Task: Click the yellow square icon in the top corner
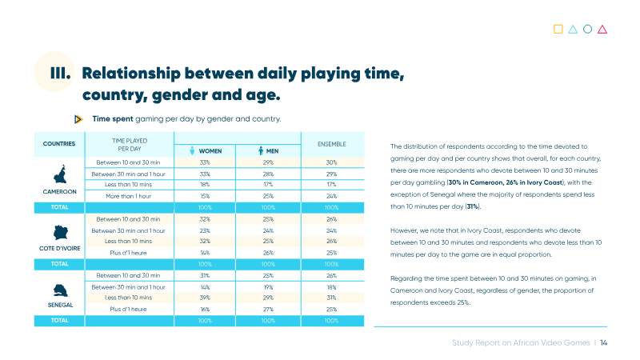tap(558, 29)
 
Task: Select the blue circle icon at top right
tap(587, 29)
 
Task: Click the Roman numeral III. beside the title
tap(60, 74)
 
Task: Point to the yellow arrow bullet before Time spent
tap(78, 119)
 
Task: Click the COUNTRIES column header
tap(59, 144)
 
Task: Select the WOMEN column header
tap(210, 151)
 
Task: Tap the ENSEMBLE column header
tap(332, 144)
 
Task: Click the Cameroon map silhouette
tap(60, 174)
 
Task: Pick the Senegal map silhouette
tap(61, 290)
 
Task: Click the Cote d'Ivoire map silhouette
tap(61, 233)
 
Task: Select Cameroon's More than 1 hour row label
tap(128, 196)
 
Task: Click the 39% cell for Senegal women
tap(205, 298)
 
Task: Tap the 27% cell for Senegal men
tap(268, 310)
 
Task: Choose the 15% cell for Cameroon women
tap(205, 196)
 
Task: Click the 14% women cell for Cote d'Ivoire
tap(205, 253)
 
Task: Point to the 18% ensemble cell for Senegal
tap(331, 287)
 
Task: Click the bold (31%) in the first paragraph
tap(473, 206)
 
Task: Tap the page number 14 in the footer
tap(603, 343)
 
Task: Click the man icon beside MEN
tap(261, 150)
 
